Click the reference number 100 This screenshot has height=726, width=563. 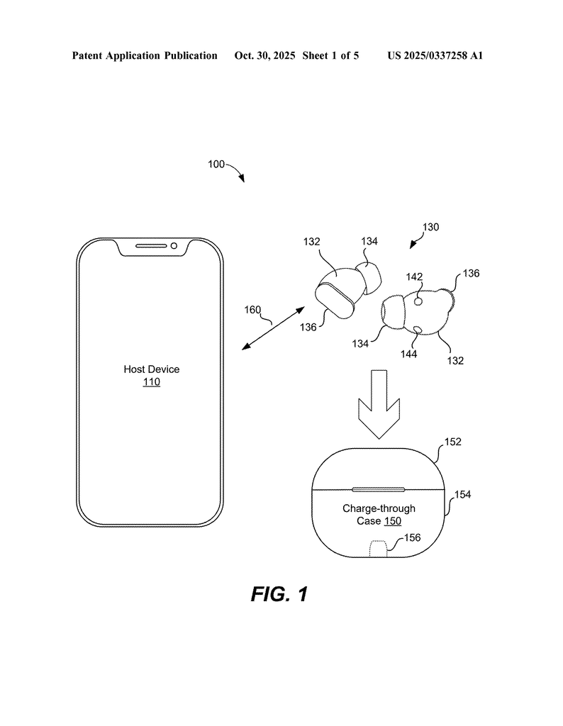[216, 164]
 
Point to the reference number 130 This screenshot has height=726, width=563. [430, 228]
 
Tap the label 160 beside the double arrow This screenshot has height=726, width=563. [253, 310]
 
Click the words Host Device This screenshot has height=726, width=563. [152, 369]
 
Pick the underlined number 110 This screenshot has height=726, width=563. [152, 383]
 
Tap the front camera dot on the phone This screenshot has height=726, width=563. [173, 246]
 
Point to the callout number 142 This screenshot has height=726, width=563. [414, 278]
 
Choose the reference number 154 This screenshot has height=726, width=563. [462, 494]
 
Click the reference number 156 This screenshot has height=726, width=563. [412, 537]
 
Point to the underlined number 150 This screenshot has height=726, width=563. [393, 521]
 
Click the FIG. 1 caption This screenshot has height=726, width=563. [279, 594]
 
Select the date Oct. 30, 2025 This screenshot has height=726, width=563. [264, 55]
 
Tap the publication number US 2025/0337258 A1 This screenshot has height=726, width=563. [435, 55]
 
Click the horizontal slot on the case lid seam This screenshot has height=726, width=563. [379, 489]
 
